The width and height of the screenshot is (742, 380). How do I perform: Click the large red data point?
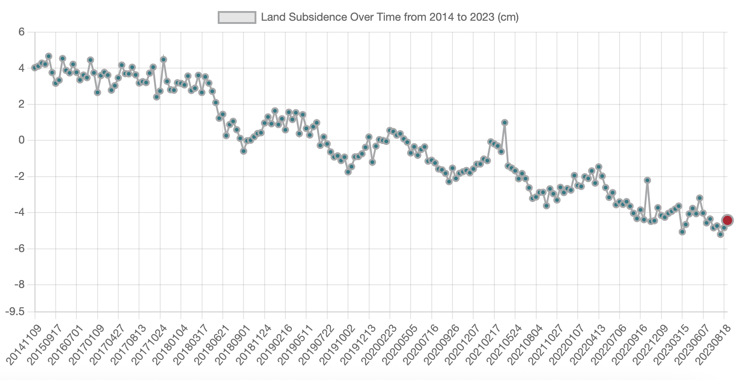coord(727,220)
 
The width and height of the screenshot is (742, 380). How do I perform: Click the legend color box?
coord(237,17)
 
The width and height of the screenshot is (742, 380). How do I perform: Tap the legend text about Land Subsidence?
coord(389,17)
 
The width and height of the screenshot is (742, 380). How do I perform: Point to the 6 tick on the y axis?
coord(21,32)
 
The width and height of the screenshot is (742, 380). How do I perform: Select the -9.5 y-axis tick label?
coord(15,312)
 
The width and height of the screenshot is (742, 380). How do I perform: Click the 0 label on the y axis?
coord(21,140)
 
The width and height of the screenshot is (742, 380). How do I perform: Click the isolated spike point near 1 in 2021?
coord(504,122)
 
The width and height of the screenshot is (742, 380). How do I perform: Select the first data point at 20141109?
coord(35,68)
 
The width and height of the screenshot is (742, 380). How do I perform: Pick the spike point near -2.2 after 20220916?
coord(647,180)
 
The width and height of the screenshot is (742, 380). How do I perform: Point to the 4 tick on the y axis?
coord(21,68)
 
